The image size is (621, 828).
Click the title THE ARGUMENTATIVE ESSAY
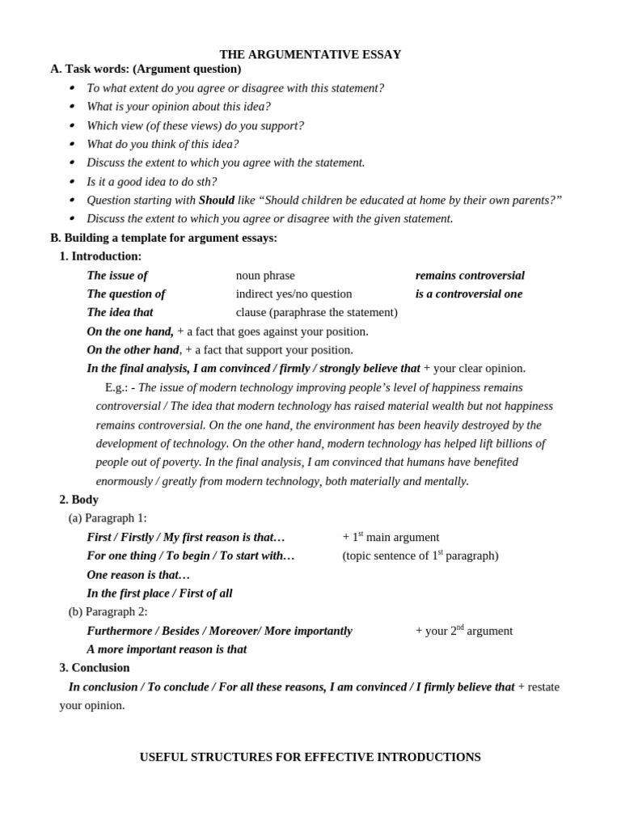click(310, 54)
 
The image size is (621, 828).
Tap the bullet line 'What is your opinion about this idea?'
click(179, 107)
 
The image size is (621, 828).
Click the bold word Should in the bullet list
click(216, 201)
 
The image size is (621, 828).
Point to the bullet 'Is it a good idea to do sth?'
click(152, 182)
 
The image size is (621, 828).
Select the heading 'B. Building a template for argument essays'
click(163, 238)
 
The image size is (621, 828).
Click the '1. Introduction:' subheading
click(100, 256)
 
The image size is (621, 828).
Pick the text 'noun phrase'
click(265, 276)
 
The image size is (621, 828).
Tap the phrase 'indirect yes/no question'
click(294, 294)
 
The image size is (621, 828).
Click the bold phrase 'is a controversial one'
click(469, 294)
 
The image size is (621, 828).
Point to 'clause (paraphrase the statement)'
click(316, 313)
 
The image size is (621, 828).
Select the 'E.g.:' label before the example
click(116, 388)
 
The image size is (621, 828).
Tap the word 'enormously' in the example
click(125, 481)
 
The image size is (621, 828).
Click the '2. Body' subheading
click(79, 500)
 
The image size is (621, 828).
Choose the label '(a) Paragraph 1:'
click(108, 518)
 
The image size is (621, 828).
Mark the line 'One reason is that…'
click(138, 575)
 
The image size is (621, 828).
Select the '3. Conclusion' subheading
click(95, 668)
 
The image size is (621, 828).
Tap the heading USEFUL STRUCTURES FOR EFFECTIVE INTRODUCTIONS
click(310, 758)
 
